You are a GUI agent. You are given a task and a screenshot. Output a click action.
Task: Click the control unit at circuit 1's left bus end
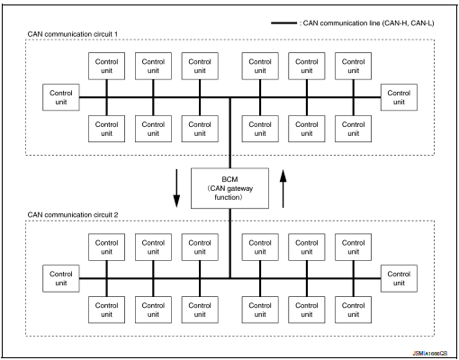tap(61, 96)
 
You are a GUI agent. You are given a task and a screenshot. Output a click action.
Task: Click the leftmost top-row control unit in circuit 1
tap(106, 66)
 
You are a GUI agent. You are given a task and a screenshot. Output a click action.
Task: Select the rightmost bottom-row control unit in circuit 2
tap(354, 310)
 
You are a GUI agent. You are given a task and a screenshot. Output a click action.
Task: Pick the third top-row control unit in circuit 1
tap(200, 66)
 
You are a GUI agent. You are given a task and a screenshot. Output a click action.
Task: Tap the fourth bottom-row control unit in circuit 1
tap(259, 128)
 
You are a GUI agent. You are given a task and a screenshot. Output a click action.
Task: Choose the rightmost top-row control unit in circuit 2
tap(354, 247)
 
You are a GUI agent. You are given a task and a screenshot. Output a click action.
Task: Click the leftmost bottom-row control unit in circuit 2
tap(106, 310)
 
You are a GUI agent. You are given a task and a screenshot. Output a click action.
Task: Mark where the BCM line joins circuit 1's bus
tap(229, 97)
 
